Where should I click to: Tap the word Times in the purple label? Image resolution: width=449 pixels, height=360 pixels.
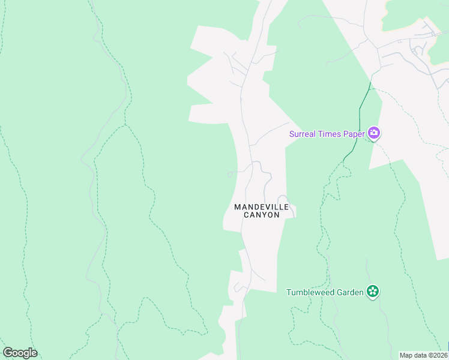pos(330,134)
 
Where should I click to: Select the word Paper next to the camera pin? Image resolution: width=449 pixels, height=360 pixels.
pos(354,134)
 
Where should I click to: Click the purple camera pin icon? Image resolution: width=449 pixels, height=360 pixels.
pos(374,133)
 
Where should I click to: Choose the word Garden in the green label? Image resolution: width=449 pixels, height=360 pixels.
pos(350,292)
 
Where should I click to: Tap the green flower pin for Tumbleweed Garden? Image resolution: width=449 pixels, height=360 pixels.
pos(373,292)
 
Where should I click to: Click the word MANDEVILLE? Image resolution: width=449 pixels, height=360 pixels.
pos(262,207)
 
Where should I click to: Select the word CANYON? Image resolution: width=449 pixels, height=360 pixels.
pos(262,215)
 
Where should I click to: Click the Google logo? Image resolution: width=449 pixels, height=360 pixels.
pos(20,353)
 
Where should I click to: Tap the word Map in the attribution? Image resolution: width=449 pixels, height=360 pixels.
pos(406,355)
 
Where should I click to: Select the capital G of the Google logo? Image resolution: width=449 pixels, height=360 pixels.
pos(8,353)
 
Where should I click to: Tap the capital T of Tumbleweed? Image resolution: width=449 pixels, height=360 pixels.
pos(289,292)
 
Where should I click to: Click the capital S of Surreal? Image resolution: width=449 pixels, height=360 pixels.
pos(292,134)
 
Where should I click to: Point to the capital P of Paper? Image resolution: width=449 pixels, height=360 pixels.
pos(346,134)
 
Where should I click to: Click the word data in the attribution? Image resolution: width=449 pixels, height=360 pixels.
pos(420,355)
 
